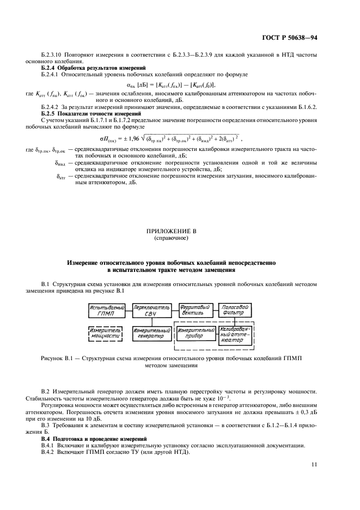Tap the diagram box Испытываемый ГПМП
(108, 311)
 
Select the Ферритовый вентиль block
(194, 311)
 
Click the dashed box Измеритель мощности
(108, 333)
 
